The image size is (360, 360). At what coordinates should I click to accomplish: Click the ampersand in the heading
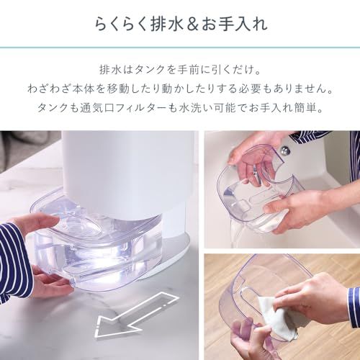click(x=192, y=24)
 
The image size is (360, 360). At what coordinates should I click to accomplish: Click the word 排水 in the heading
click(x=167, y=24)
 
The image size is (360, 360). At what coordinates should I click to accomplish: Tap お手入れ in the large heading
click(x=234, y=24)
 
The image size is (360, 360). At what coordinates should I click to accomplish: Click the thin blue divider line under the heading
click(x=180, y=48)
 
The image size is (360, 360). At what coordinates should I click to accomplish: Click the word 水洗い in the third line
click(x=195, y=108)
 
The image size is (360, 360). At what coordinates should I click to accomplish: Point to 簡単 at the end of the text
click(x=307, y=108)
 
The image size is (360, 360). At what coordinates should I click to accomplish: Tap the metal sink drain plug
click(x=284, y=150)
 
